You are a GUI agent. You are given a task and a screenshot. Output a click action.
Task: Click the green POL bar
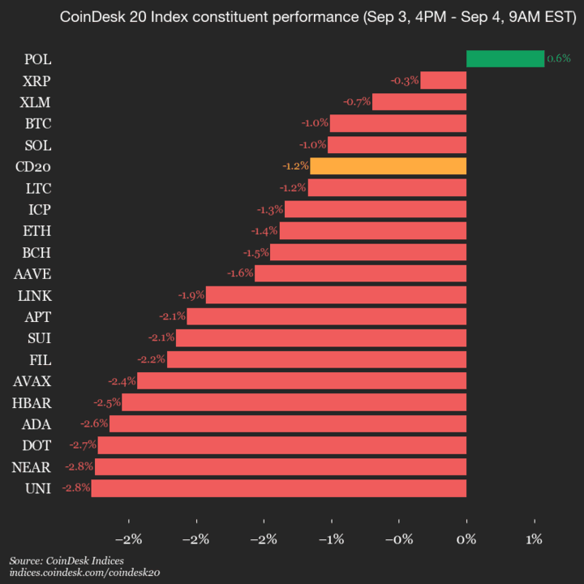click(505, 58)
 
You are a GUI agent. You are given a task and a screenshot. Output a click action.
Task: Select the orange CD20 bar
click(388, 166)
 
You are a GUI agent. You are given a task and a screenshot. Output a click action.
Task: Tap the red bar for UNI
click(278, 488)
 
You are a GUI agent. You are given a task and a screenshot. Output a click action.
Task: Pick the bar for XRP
click(443, 80)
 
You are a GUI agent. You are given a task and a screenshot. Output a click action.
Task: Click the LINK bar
click(336, 294)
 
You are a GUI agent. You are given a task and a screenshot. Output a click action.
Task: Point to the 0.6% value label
click(559, 58)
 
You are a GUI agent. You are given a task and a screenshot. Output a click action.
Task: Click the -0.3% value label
click(404, 80)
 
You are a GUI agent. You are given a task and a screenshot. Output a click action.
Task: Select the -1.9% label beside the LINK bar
click(191, 294)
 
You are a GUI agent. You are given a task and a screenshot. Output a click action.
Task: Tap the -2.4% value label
click(122, 380)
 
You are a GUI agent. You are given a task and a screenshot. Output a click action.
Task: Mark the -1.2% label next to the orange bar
click(294, 166)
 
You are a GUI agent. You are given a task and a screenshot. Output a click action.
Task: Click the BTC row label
click(37, 123)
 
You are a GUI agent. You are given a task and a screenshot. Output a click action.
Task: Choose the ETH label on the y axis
click(37, 230)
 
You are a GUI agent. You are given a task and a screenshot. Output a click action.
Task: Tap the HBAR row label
click(32, 402)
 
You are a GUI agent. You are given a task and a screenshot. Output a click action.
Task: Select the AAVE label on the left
click(32, 273)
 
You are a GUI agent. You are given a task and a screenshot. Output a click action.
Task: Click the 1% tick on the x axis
click(534, 539)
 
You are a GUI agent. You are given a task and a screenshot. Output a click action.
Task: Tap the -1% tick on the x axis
click(331, 539)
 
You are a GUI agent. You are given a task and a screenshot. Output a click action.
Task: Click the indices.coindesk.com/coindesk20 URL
click(85, 573)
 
